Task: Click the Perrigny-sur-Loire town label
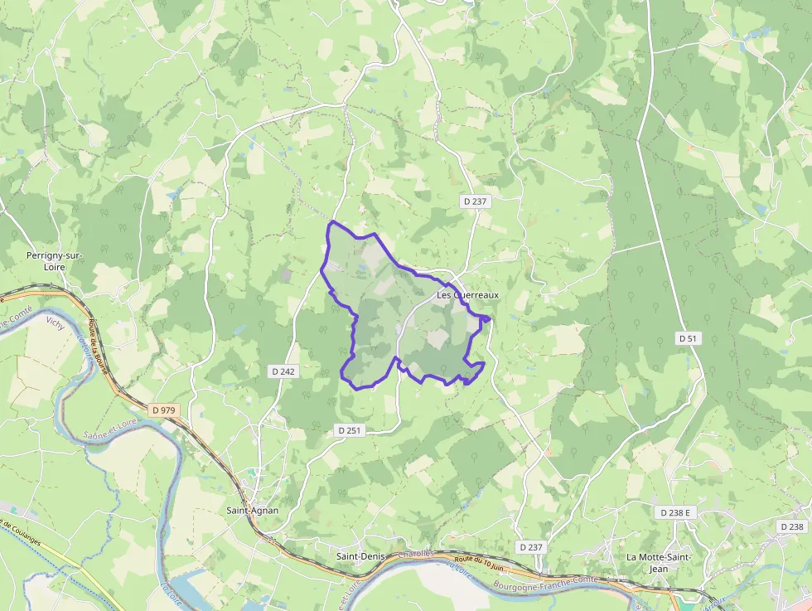[x=55, y=260]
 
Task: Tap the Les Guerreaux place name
[x=468, y=295]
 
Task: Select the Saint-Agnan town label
[x=253, y=511]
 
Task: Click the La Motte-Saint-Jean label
[x=659, y=562]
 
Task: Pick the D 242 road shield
[x=283, y=371]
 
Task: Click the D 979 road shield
[x=165, y=410]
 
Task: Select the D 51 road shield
[x=688, y=338]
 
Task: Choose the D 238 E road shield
[x=675, y=513]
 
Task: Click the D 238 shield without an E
[x=791, y=526]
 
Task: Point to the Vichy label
[x=56, y=321]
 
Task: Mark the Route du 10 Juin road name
[x=480, y=563]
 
